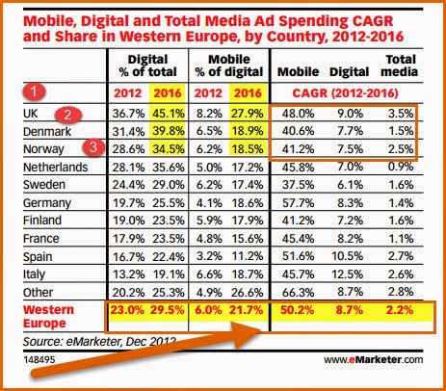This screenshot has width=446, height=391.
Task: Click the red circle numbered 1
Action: [34, 92]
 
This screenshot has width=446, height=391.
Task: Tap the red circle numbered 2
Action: [67, 115]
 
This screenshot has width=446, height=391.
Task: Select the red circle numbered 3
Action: [93, 147]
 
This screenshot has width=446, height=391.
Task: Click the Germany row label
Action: [47, 203]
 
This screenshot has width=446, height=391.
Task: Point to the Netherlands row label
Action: [55, 167]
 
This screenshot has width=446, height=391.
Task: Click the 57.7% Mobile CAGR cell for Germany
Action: [298, 203]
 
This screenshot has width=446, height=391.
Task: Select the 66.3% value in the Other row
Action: [298, 293]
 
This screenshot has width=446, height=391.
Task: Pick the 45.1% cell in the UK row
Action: [169, 114]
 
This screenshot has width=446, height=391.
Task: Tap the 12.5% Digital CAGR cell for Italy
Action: [348, 274]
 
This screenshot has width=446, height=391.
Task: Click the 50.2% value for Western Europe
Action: [297, 310]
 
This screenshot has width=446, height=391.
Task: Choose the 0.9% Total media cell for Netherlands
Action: [400, 167]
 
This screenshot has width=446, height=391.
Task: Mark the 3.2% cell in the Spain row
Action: [209, 256]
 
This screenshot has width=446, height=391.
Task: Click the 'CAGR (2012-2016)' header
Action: [345, 93]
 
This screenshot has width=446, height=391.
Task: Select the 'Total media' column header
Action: [400, 65]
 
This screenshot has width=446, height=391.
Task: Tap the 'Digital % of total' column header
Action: [148, 65]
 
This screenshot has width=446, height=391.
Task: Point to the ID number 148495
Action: [39, 359]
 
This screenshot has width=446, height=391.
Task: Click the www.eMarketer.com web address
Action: [373, 359]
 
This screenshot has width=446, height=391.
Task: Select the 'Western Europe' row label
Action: [48, 317]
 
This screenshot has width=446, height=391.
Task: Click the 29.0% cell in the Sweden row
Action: [169, 185]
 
